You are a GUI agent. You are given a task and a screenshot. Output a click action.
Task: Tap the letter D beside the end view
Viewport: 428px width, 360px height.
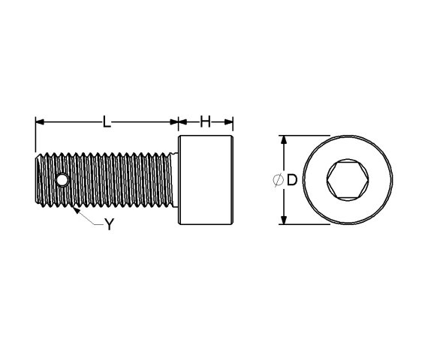point(292,180)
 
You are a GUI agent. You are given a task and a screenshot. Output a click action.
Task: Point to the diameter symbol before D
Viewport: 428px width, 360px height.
point(277,180)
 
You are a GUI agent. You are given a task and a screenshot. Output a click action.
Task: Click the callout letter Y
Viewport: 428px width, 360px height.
point(109,224)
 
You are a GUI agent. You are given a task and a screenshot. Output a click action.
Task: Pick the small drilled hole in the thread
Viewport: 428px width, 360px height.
point(62,180)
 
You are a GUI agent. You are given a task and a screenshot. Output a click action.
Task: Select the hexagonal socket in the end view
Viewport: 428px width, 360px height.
point(347,180)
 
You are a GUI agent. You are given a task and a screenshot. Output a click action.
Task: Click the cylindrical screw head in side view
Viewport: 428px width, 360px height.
point(206,180)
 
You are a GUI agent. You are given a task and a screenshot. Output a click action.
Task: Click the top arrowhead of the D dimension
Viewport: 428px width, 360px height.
point(284,140)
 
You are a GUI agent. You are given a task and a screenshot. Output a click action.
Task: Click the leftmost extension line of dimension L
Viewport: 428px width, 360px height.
point(35,135)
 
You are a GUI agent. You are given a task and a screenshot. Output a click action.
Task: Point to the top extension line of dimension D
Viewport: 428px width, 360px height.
point(308,136)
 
